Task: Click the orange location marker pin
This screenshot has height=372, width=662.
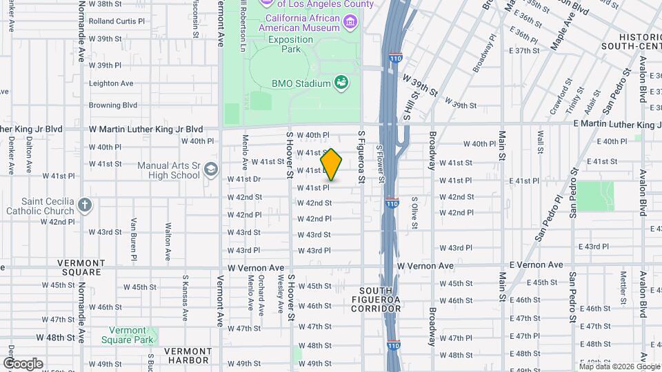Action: click(332, 165)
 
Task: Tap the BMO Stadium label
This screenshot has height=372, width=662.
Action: click(301, 83)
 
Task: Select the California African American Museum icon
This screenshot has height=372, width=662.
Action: click(350, 23)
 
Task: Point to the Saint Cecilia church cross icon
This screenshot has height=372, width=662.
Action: click(84, 205)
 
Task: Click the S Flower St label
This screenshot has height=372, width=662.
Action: click(379, 164)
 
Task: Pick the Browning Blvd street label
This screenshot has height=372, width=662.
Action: click(113, 105)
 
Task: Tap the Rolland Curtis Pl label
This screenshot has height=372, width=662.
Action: click(117, 21)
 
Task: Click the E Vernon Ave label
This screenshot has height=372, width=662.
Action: click(536, 265)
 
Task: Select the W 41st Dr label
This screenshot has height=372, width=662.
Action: click(243, 179)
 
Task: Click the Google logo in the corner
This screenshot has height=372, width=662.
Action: click(23, 364)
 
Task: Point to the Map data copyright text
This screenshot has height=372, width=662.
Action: click(619, 366)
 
